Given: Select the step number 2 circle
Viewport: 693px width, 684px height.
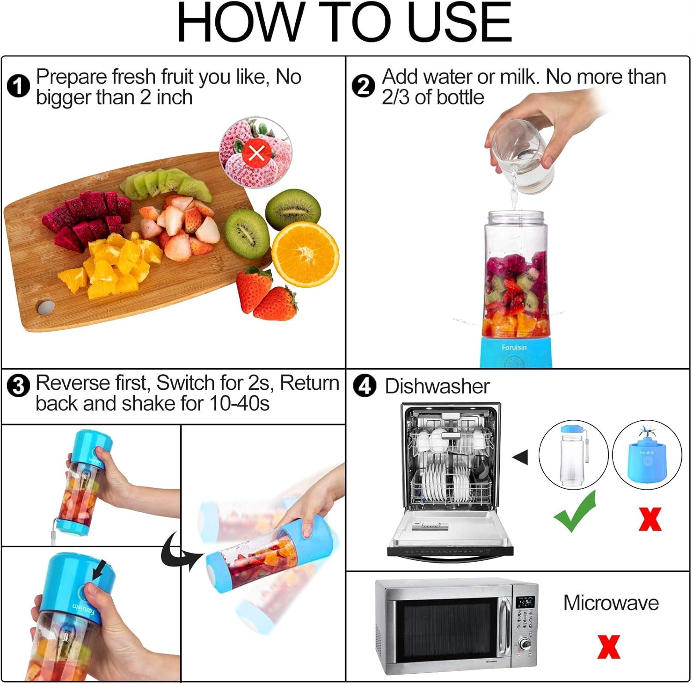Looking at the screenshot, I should point(363,86).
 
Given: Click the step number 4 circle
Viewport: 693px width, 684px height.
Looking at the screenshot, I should point(365,386).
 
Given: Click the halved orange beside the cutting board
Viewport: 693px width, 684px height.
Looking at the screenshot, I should point(305,254).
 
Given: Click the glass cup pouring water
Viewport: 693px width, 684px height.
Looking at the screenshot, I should point(522,157).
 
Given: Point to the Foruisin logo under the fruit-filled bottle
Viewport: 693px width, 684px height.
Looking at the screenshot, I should point(514,347).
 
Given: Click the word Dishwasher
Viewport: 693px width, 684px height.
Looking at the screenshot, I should point(437,386).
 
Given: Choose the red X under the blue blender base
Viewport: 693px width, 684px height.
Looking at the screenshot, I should point(650,519).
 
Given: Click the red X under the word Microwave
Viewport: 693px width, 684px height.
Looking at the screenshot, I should point(608,647).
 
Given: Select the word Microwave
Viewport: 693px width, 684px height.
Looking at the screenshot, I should point(611,603).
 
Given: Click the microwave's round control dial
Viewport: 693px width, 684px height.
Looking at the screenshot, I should point(525,644).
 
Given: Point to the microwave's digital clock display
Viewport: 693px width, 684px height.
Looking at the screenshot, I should point(525,602).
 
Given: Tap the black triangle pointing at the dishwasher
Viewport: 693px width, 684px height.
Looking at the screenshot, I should point(521,457).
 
